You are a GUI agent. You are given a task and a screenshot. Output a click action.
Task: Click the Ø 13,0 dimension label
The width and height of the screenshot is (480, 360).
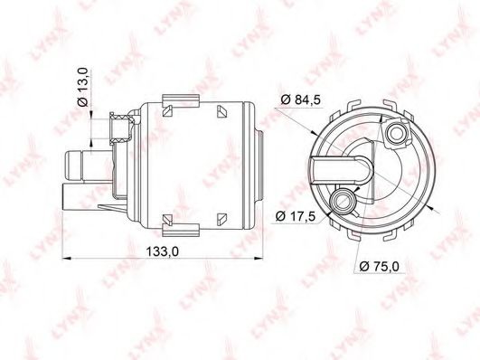(82, 87)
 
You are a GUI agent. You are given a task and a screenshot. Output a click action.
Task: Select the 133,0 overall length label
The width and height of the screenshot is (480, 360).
(162, 251)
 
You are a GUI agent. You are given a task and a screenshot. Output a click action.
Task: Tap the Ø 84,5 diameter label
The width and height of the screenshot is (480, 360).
(301, 99)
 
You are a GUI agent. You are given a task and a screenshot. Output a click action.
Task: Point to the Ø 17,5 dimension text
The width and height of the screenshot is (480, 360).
(295, 216)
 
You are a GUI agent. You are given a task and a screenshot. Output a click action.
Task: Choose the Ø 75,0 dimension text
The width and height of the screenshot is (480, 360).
(380, 266)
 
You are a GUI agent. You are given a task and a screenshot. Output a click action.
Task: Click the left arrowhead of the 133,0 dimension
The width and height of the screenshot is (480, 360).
(67, 259)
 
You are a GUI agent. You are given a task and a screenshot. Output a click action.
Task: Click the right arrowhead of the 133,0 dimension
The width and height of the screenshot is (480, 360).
(259, 259)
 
